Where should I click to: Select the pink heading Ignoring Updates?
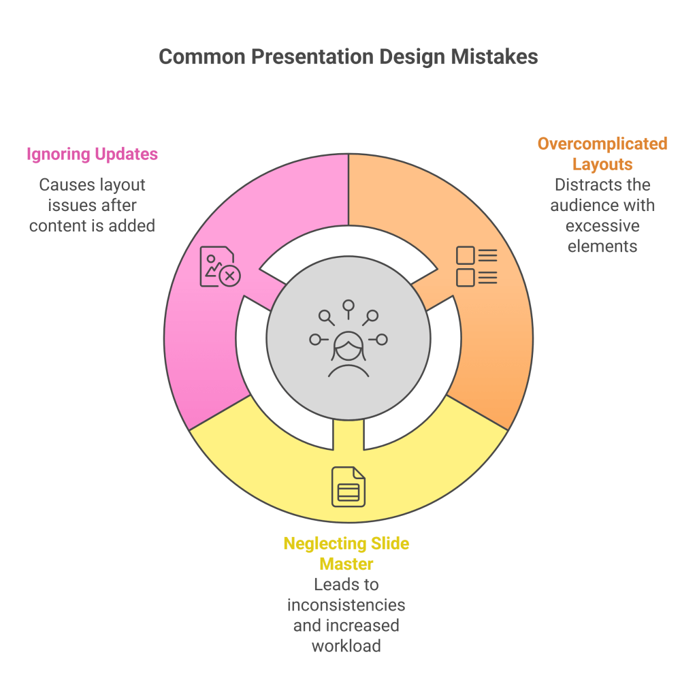coord(92,155)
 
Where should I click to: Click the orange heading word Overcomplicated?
coord(602,144)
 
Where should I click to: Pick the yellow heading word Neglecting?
coord(325,544)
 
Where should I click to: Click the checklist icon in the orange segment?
coord(476,266)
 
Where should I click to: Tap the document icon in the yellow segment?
coord(348,487)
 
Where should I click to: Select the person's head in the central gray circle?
coord(348,346)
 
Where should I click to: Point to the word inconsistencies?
coord(346,605)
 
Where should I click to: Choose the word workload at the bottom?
coord(346,645)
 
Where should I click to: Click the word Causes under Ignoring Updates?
coord(67,185)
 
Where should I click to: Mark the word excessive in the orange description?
coord(602,225)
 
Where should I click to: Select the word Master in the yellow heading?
coord(346,564)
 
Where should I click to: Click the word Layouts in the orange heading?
coord(602,164)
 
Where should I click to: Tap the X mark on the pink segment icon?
coord(231,276)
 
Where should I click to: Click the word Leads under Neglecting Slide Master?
coord(331,585)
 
